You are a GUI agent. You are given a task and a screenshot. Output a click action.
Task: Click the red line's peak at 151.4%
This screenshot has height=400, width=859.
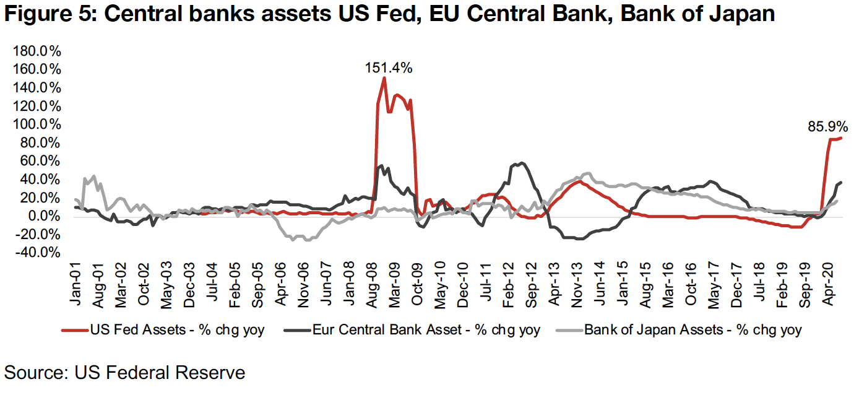click(x=384, y=77)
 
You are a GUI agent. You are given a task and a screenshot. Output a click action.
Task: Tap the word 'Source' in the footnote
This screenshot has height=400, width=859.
click(x=37, y=373)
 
